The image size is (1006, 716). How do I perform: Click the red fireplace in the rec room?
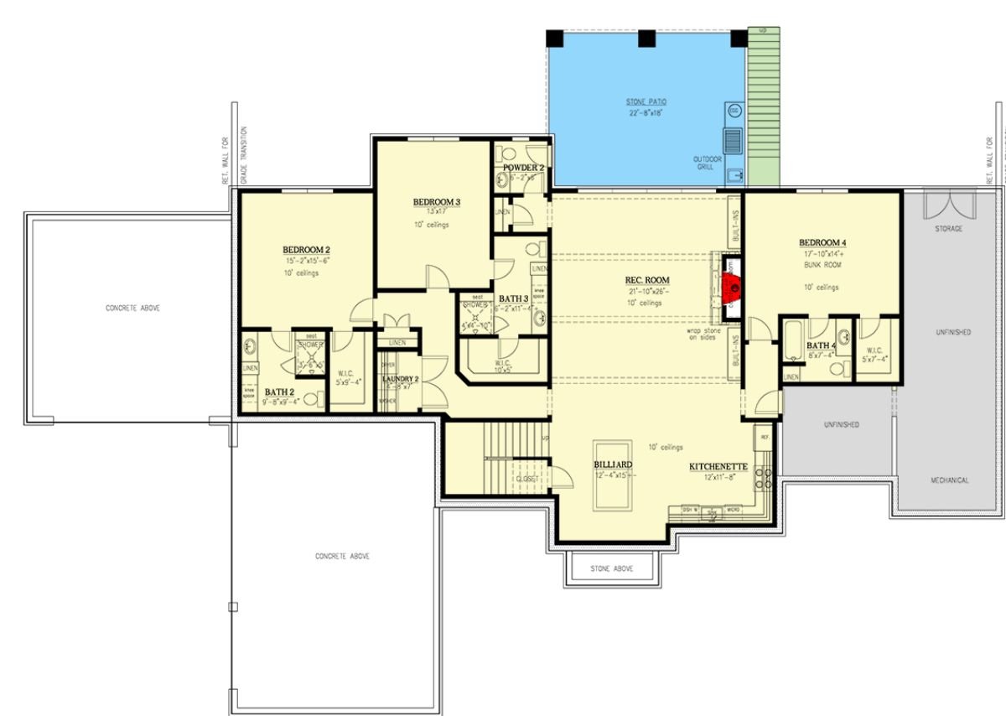pos(733,286)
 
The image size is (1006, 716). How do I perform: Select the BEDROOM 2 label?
pos(305,250)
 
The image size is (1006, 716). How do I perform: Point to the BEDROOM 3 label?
pos(436,202)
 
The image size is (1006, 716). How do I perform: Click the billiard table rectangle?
pos(613,474)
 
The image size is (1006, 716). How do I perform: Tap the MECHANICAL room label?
pos(949,480)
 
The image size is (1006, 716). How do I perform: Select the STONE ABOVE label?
pos(611,568)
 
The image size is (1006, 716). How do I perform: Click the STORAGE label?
pos(948,228)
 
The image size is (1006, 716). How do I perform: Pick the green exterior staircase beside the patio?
pos(763,109)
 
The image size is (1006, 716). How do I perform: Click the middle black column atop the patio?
pos(646,38)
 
